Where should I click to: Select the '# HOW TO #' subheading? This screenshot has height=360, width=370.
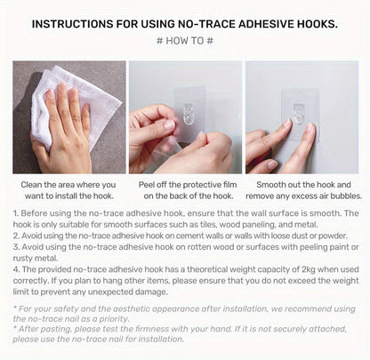(x=185, y=41)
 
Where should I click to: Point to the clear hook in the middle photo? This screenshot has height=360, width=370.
(x=189, y=114)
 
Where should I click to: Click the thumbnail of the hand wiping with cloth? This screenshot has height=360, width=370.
(x=69, y=117)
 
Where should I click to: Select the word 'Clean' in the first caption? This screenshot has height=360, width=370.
(x=31, y=185)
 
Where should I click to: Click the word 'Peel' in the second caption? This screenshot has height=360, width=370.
(x=147, y=185)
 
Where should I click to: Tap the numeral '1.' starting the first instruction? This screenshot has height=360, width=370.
(x=16, y=213)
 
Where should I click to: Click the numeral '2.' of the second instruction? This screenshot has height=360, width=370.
(x=16, y=236)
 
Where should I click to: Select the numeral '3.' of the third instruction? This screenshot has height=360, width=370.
(x=16, y=247)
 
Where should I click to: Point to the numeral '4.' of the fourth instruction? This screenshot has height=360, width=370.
(x=17, y=269)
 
